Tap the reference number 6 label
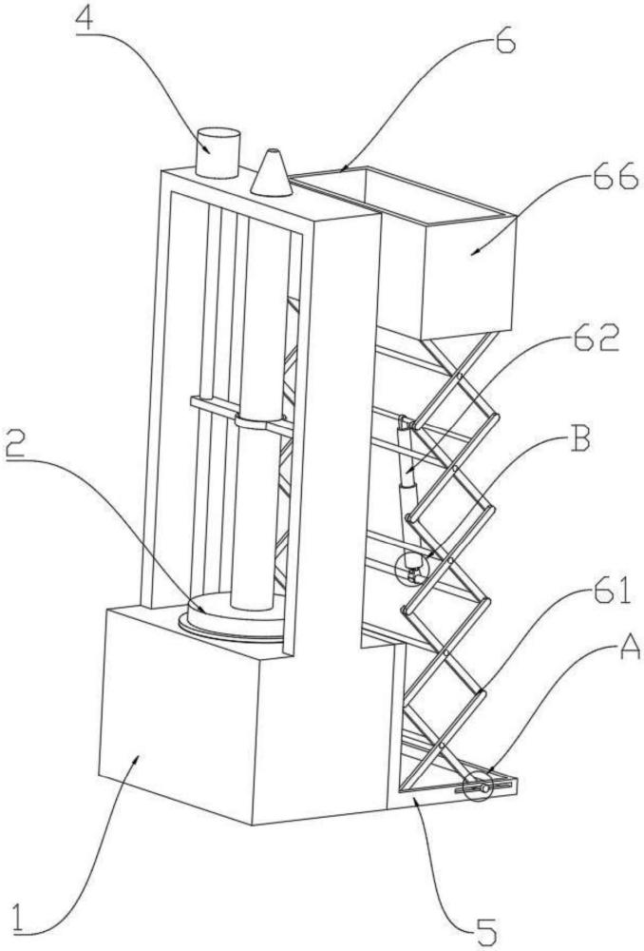(504, 42)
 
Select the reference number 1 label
(32, 920)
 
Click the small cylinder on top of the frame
(218, 151)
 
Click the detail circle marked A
(477, 787)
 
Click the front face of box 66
(468, 276)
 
